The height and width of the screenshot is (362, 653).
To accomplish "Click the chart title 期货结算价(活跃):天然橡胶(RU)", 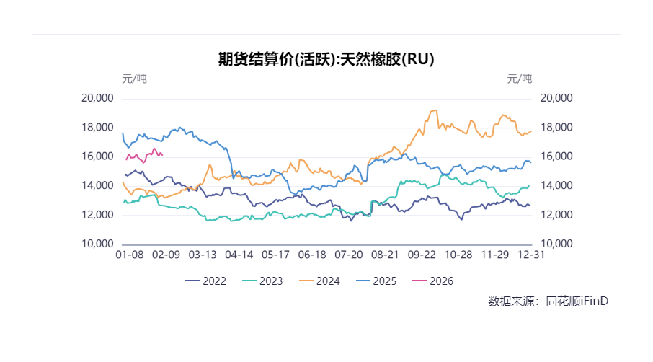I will (x=326, y=59).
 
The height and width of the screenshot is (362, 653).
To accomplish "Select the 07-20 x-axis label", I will (x=349, y=255).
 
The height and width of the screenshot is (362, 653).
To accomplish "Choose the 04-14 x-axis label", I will (x=239, y=255).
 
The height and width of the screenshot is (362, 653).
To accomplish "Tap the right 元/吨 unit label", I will (x=519, y=79).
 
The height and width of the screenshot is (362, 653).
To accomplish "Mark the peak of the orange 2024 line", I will (x=435, y=110).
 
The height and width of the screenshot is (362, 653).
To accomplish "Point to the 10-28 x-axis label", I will (x=458, y=255).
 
